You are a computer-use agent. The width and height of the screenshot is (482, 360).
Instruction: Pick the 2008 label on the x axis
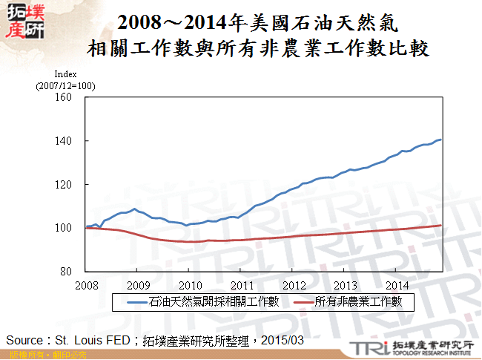[x=86, y=284]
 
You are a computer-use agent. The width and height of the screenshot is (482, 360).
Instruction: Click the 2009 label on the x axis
[x=138, y=284]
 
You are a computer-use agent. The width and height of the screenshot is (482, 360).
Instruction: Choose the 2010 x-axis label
[x=190, y=284]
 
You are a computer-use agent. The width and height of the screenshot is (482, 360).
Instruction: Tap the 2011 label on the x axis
[x=242, y=284]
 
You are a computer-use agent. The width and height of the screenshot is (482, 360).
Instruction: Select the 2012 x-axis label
[x=294, y=284]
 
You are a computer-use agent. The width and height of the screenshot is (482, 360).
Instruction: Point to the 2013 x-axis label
[x=346, y=284]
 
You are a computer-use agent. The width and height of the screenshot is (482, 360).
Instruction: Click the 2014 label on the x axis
[x=397, y=284]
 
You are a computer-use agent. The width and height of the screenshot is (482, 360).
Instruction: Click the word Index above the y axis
[x=65, y=74]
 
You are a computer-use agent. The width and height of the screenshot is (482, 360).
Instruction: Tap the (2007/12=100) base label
[x=65, y=86]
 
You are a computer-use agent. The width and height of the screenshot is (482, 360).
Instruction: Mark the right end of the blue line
[x=441, y=140]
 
